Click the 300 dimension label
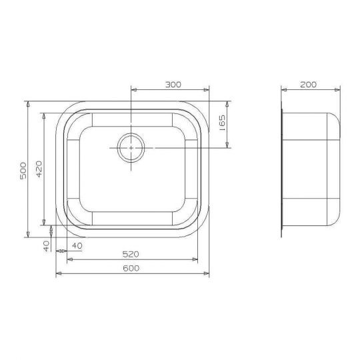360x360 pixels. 173,85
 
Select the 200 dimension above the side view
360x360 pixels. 309,85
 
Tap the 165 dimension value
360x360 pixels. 222,123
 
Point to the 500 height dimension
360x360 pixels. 23,171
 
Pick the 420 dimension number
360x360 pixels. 39,169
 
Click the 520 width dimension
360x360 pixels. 131,254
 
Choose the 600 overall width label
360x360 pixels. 131,268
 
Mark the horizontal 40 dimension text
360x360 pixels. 77,246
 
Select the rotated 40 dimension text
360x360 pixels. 47,246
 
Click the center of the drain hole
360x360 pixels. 131,148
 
